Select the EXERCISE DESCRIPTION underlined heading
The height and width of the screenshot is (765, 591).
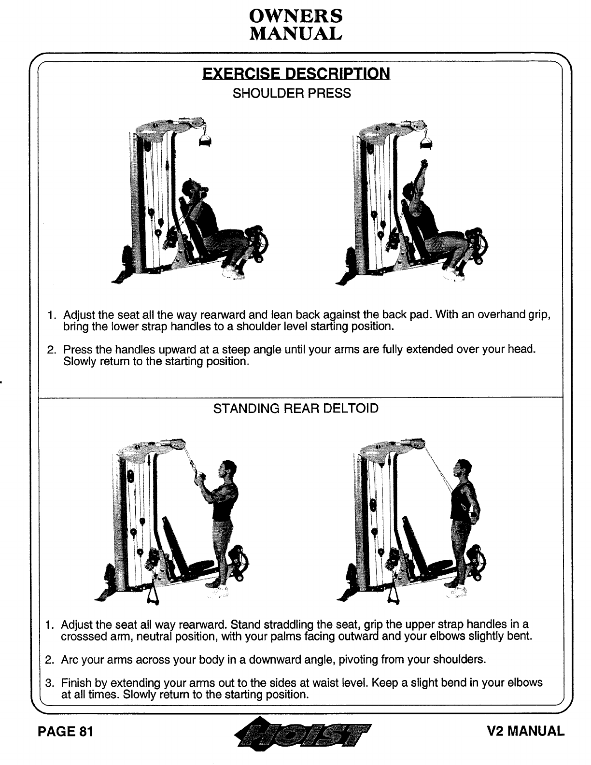point(295,73)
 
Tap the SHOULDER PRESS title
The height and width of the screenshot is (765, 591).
point(292,93)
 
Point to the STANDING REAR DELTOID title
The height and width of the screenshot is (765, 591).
point(295,409)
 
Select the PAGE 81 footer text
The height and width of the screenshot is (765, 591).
point(65,732)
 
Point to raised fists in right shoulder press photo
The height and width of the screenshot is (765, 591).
point(424,164)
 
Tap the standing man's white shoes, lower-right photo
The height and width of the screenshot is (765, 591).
point(456,589)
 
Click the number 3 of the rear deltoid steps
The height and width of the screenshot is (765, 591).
point(48,683)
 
